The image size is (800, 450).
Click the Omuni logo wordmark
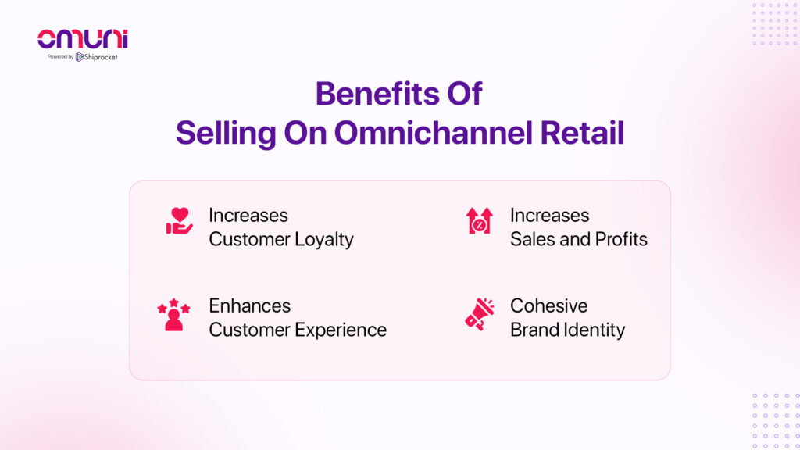pos(83,39)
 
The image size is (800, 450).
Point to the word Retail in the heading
pos(582,133)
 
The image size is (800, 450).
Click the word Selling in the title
pos(226,134)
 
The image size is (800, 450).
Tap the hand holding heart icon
pos(179,221)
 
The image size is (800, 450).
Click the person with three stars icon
pos(173,315)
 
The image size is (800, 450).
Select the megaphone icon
pos(480,314)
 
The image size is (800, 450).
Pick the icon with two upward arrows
pos(480,220)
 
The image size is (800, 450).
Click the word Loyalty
pos(324,240)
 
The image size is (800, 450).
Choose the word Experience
pos(342,330)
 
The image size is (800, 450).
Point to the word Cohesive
pos(549,305)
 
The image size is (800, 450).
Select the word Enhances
pos(250,305)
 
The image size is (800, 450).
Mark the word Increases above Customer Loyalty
pos(248,216)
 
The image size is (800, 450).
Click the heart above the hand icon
pos(180,214)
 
